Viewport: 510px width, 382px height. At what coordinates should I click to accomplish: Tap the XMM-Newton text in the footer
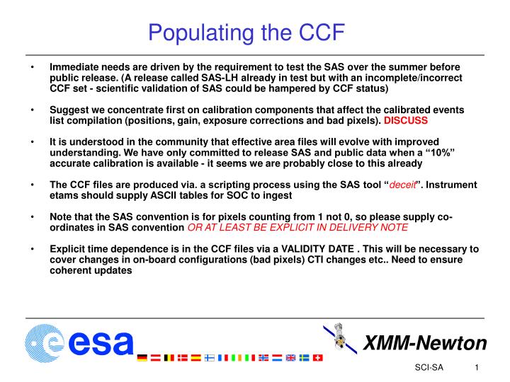[424, 344]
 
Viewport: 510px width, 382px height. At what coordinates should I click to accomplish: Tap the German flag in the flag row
[142, 358]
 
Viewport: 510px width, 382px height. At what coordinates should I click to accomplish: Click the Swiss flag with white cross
[317, 358]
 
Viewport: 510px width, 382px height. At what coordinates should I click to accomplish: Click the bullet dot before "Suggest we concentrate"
[33, 110]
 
